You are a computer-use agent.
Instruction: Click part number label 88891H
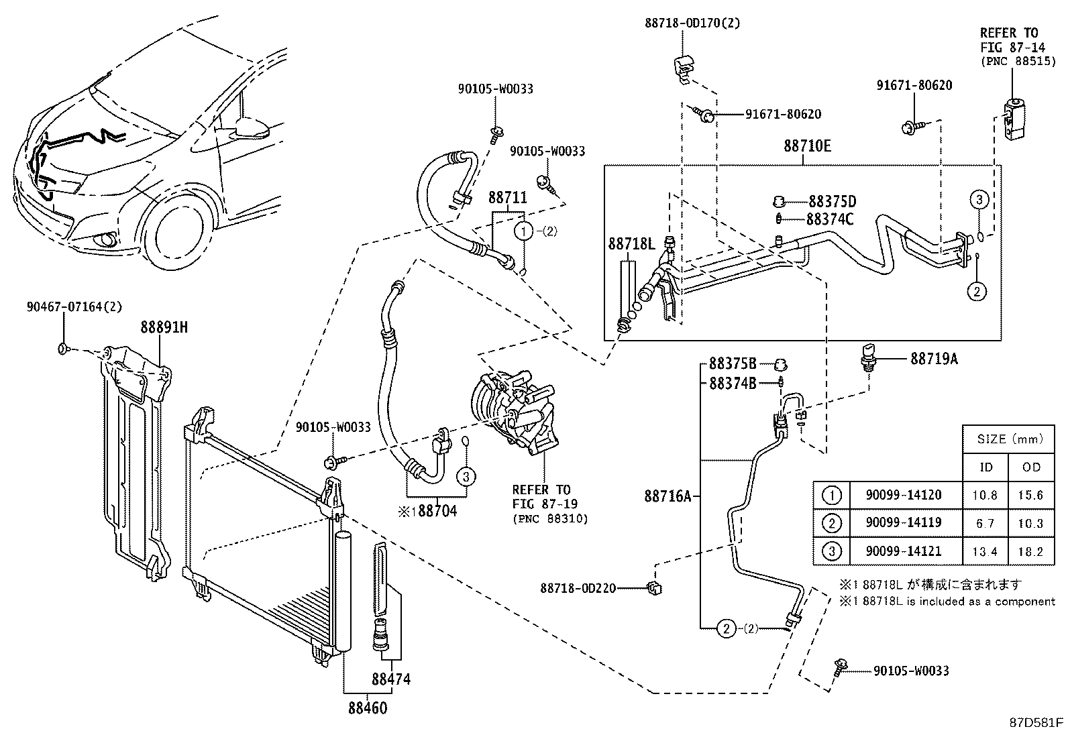(x=164, y=327)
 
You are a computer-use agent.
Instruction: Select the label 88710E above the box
(x=807, y=146)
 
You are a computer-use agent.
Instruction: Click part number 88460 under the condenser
(x=368, y=707)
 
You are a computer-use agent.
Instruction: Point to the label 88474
(x=391, y=679)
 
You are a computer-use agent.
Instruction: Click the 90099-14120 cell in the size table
(x=903, y=496)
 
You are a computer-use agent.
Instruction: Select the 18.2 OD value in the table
(x=1030, y=552)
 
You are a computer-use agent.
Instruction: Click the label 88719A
(x=934, y=359)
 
